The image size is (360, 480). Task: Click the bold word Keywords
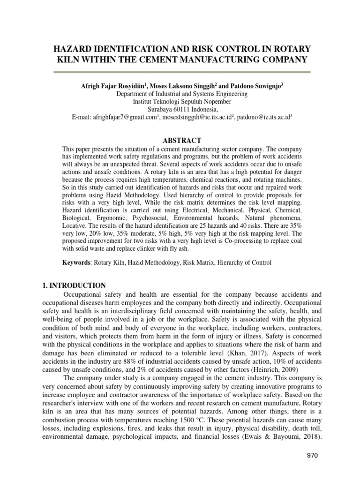pos(77,263)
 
